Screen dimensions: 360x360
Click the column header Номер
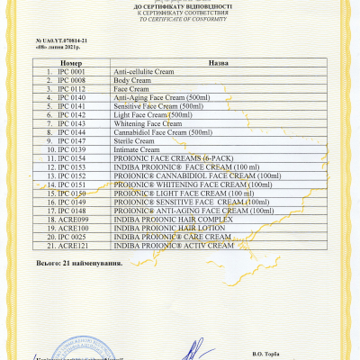pyautogui.click(x=71, y=64)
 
